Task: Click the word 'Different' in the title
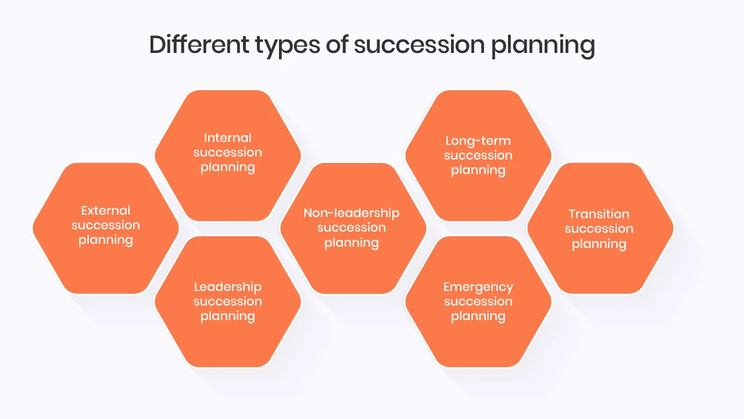199,45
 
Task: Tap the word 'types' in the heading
288,47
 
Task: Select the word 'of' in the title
337,44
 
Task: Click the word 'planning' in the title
543,46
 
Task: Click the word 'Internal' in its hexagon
227,138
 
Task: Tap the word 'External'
106,211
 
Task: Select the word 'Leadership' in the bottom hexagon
228,287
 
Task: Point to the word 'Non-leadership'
352,213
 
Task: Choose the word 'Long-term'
478,141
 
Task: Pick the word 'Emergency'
478,287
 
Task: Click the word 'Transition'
599,214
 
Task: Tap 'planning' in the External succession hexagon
106,240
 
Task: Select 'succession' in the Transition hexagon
599,229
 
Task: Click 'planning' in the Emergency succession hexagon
478,316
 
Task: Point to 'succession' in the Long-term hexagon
478,155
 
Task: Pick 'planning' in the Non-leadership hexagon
352,243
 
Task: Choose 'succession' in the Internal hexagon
228,152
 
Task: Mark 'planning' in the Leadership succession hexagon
228,316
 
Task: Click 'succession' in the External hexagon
106,225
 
